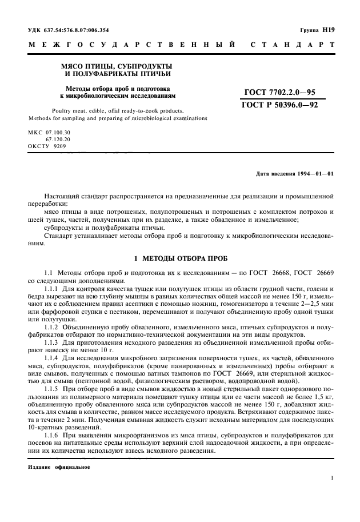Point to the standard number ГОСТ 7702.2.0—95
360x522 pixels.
point(280,92)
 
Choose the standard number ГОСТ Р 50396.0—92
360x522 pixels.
point(280,105)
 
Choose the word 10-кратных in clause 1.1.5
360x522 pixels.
point(45,427)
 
